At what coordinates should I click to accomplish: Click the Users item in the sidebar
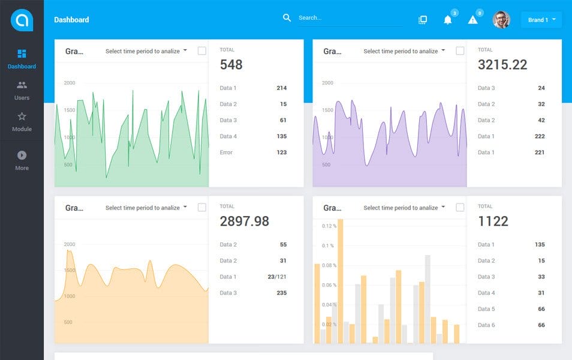point(22,90)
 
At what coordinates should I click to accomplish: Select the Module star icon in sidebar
point(22,117)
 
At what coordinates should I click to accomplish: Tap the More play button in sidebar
point(22,155)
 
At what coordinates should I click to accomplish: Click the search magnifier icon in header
point(287,18)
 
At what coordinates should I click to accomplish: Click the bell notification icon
point(447,20)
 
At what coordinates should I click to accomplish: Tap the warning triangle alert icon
point(472,20)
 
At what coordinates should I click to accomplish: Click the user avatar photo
point(501,20)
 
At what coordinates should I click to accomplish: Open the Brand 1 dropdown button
point(541,20)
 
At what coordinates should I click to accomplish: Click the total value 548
point(231,65)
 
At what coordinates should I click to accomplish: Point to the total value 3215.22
point(502,65)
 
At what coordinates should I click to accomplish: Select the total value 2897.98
point(245,221)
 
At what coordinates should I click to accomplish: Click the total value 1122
point(493,221)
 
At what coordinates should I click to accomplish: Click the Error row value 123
point(281,152)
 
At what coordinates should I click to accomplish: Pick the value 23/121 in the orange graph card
point(277,277)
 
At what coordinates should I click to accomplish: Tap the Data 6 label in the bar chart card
point(486,325)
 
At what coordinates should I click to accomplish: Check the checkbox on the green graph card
point(202,51)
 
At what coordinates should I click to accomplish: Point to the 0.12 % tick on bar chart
point(329,226)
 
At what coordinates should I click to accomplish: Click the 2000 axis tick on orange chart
point(70,244)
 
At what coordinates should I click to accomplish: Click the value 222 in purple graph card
point(539,136)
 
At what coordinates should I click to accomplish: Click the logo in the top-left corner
point(22,20)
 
